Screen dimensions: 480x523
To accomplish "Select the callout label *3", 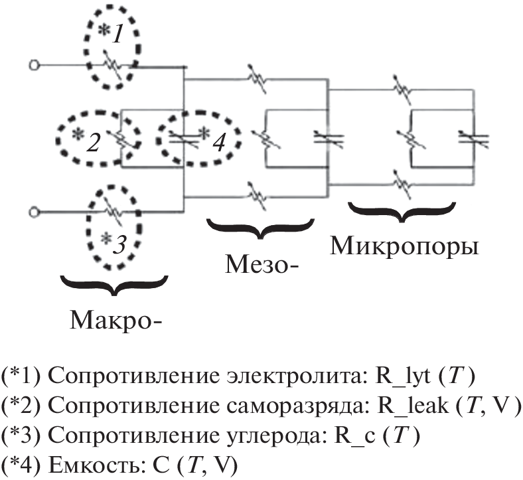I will pyautogui.click(x=112, y=244).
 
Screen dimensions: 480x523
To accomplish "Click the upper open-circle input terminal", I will pyautogui.click(x=32, y=65).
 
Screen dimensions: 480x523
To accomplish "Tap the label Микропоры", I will pyautogui.click(x=405, y=245).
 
